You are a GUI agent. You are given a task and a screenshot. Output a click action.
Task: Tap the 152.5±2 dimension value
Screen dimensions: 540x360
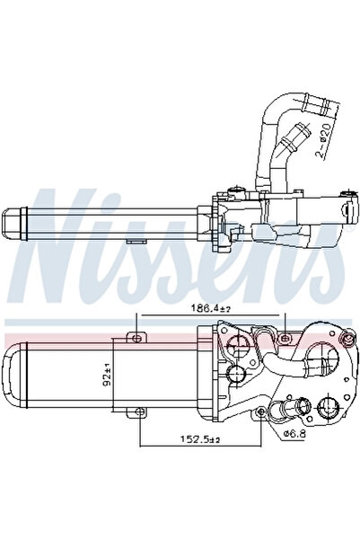(198, 439)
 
